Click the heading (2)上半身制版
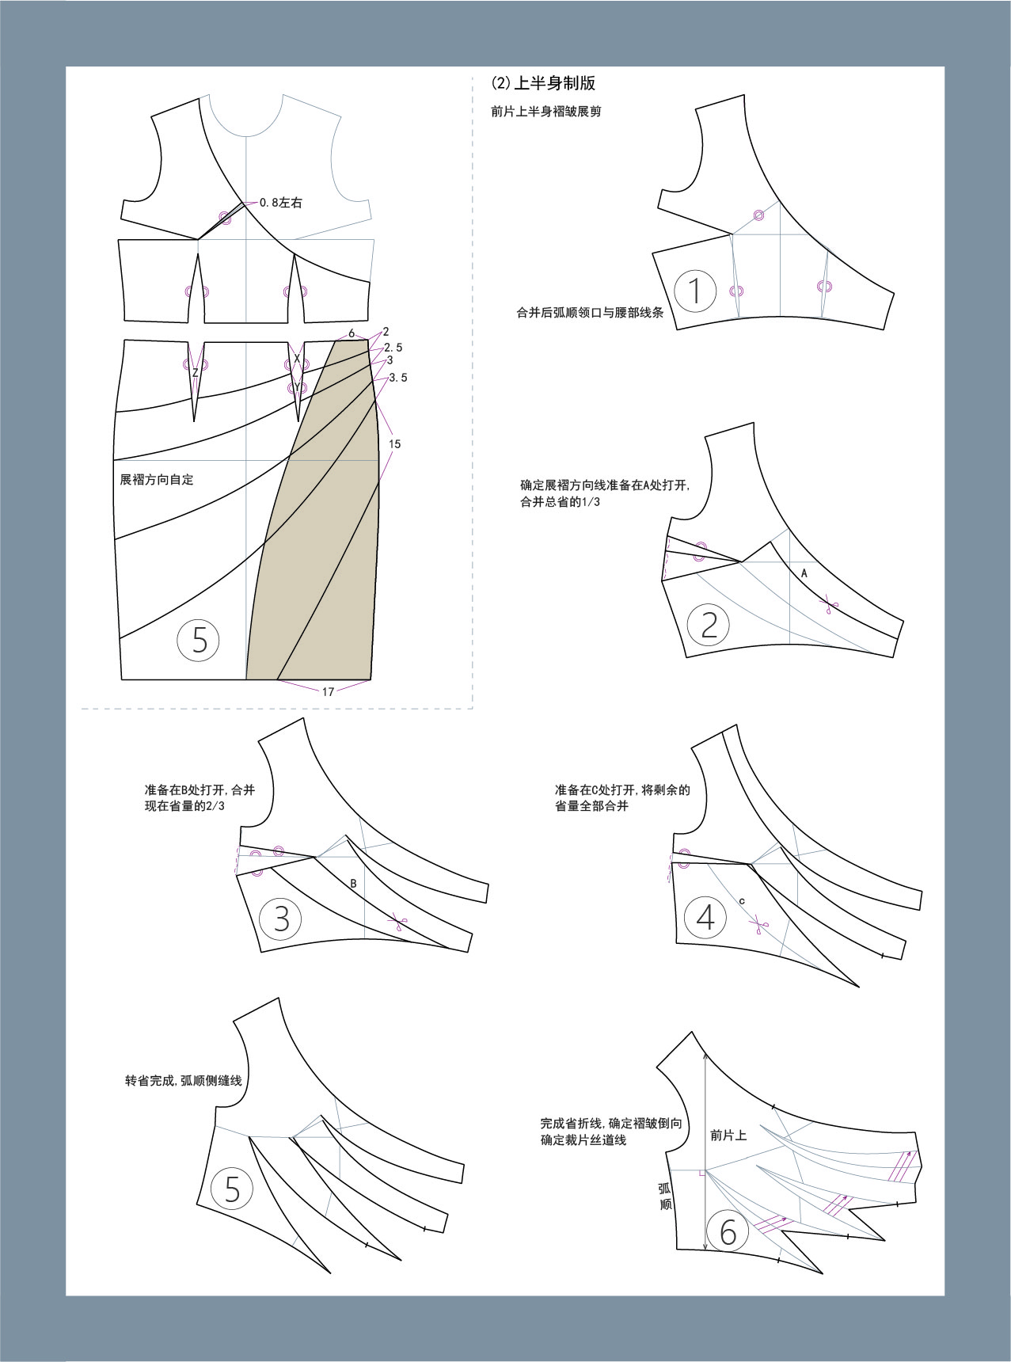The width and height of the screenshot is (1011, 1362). click(x=543, y=83)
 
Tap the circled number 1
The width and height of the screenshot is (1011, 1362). click(x=695, y=291)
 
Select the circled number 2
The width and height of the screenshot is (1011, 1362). click(x=709, y=625)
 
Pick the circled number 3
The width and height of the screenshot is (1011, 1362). click(x=281, y=919)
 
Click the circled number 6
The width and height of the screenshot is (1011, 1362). click(x=728, y=1231)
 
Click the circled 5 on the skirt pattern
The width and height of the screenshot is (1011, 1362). click(x=199, y=639)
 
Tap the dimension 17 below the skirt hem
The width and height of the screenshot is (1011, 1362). click(x=328, y=691)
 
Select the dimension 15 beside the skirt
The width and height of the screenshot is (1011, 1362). click(x=394, y=444)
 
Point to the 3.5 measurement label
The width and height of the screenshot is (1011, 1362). click(x=398, y=378)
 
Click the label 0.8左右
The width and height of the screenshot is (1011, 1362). click(x=280, y=203)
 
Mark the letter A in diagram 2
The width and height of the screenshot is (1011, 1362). click(x=804, y=573)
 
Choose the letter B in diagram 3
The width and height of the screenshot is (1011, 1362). click(x=353, y=883)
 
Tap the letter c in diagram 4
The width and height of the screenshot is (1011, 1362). click(x=742, y=901)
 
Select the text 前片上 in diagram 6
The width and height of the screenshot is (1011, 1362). click(x=728, y=1135)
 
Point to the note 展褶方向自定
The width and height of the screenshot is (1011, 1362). click(x=157, y=479)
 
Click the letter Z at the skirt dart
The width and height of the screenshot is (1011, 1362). click(x=195, y=372)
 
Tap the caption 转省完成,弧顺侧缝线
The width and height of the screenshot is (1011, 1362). click(x=184, y=1080)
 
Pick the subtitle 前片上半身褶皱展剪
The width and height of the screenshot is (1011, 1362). click(x=546, y=112)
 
